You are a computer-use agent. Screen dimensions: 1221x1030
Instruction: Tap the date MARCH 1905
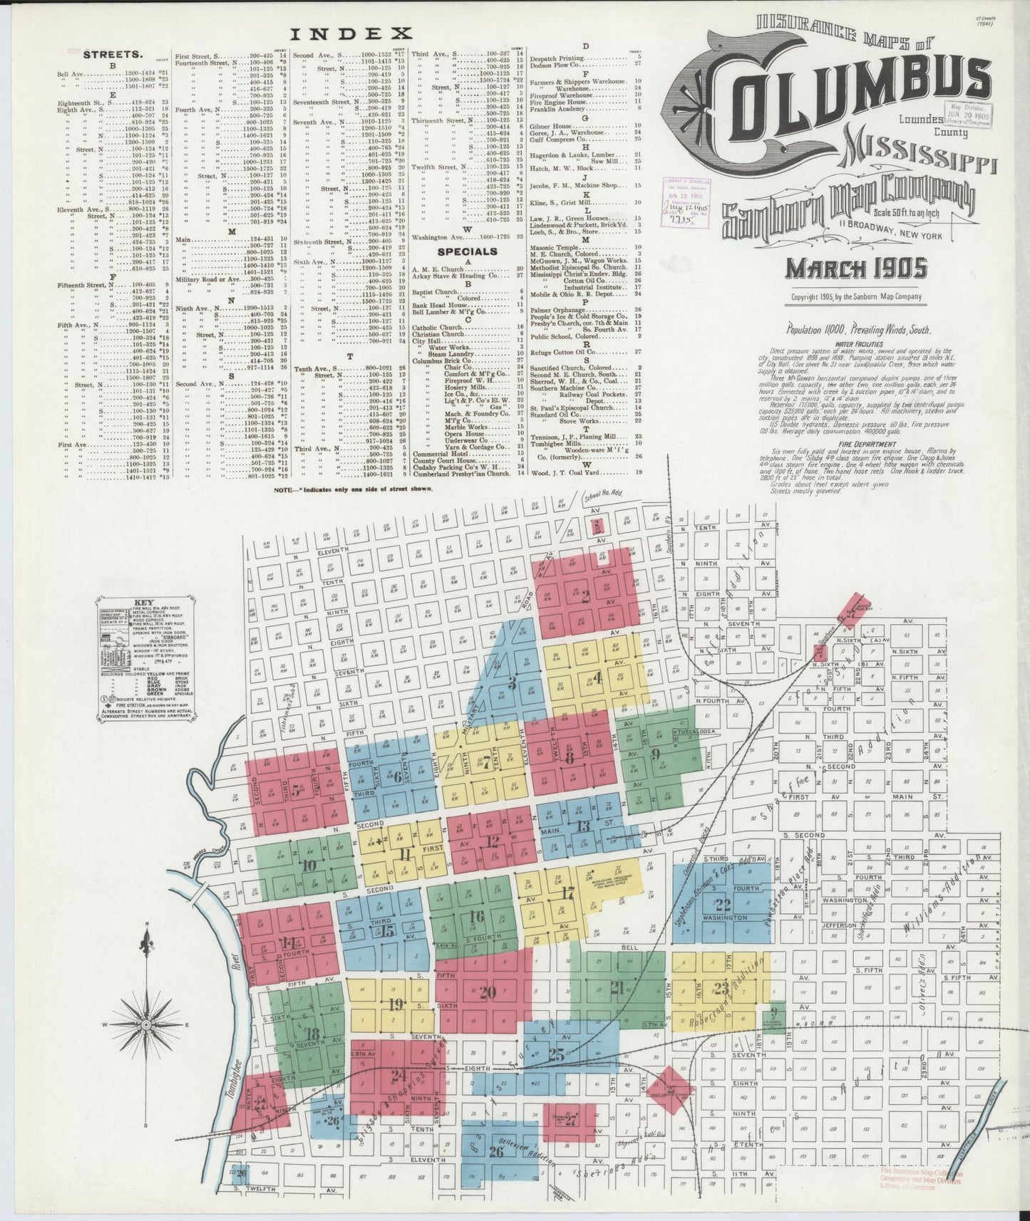856,269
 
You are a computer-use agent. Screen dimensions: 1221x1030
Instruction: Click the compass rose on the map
146,1023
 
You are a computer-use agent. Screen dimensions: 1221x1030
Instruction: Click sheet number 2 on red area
584,597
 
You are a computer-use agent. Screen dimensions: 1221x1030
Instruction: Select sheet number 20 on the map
488,992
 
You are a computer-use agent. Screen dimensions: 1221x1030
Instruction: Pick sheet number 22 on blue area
723,905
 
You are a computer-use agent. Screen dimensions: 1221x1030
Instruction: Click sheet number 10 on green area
309,866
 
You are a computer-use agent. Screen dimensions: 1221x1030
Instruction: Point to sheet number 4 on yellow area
597,677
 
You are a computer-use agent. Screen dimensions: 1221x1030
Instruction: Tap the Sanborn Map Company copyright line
856,297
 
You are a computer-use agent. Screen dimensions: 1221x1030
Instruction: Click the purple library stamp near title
683,201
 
